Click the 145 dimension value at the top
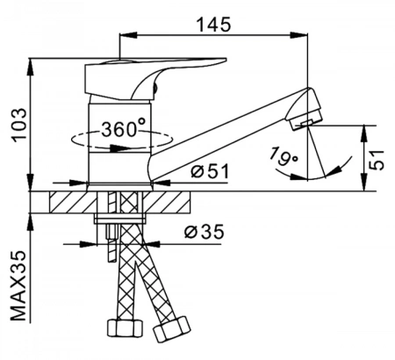tap(213, 24)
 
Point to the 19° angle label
tap(283, 156)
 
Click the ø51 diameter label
tap(210, 171)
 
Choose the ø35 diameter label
tap(204, 232)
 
